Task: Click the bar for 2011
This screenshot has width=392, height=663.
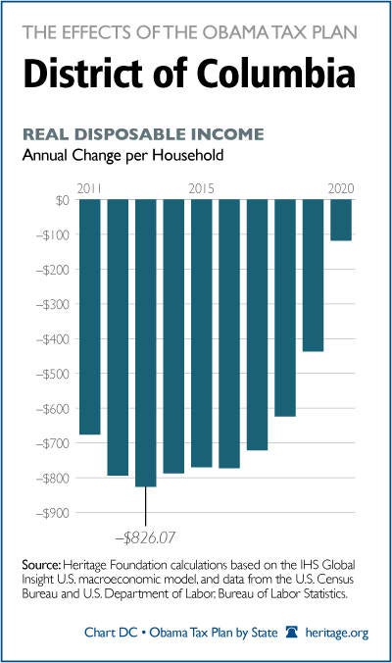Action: [x=90, y=317]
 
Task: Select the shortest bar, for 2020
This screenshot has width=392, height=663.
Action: [x=341, y=220]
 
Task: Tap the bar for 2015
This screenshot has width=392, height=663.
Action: [x=202, y=333]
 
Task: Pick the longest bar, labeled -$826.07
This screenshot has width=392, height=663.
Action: [x=146, y=343]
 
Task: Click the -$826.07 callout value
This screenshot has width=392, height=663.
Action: [x=145, y=537]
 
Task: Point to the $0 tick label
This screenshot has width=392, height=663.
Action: [x=62, y=200]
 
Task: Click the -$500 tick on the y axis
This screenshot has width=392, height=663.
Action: [x=52, y=375]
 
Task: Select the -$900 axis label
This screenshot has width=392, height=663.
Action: [x=52, y=513]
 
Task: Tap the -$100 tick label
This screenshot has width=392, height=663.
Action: [x=52, y=235]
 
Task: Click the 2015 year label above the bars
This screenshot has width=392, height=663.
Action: [x=202, y=188]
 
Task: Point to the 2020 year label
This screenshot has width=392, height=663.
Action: [x=341, y=188]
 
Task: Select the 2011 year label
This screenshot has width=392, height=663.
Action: [x=89, y=188]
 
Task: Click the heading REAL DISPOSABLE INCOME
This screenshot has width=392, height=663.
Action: [x=143, y=134]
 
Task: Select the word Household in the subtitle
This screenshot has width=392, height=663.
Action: [x=188, y=155]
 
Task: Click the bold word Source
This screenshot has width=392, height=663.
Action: [x=42, y=565]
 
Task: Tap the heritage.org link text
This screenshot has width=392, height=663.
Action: [x=337, y=633]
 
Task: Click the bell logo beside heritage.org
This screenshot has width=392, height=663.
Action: [x=292, y=632]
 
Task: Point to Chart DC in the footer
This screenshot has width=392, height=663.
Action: [x=111, y=633]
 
